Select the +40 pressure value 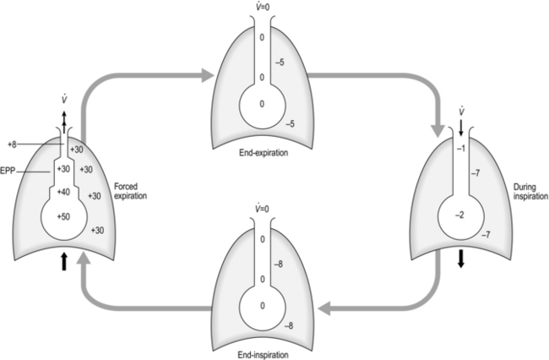64,193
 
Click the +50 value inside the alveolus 64,218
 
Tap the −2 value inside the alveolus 459,215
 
